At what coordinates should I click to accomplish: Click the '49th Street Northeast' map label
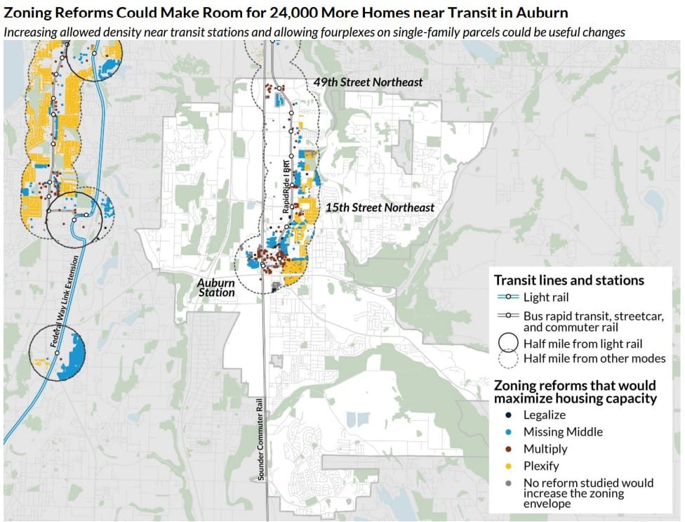coord(368,82)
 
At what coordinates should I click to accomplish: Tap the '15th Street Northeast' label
coord(380,208)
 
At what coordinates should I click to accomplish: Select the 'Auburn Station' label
coord(215,287)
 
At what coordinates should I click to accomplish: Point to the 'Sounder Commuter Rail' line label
coord(260,436)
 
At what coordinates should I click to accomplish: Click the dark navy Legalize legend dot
coord(507,415)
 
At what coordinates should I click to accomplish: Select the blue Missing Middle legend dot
coord(507,432)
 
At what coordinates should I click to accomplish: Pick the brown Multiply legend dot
coord(507,449)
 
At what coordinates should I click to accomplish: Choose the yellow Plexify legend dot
coord(507,466)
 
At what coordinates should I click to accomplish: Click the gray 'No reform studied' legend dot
coord(507,483)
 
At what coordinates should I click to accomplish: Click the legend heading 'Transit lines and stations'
coord(569,280)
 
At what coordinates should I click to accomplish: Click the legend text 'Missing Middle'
coord(563,432)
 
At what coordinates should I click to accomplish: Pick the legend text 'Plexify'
coord(541,466)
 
